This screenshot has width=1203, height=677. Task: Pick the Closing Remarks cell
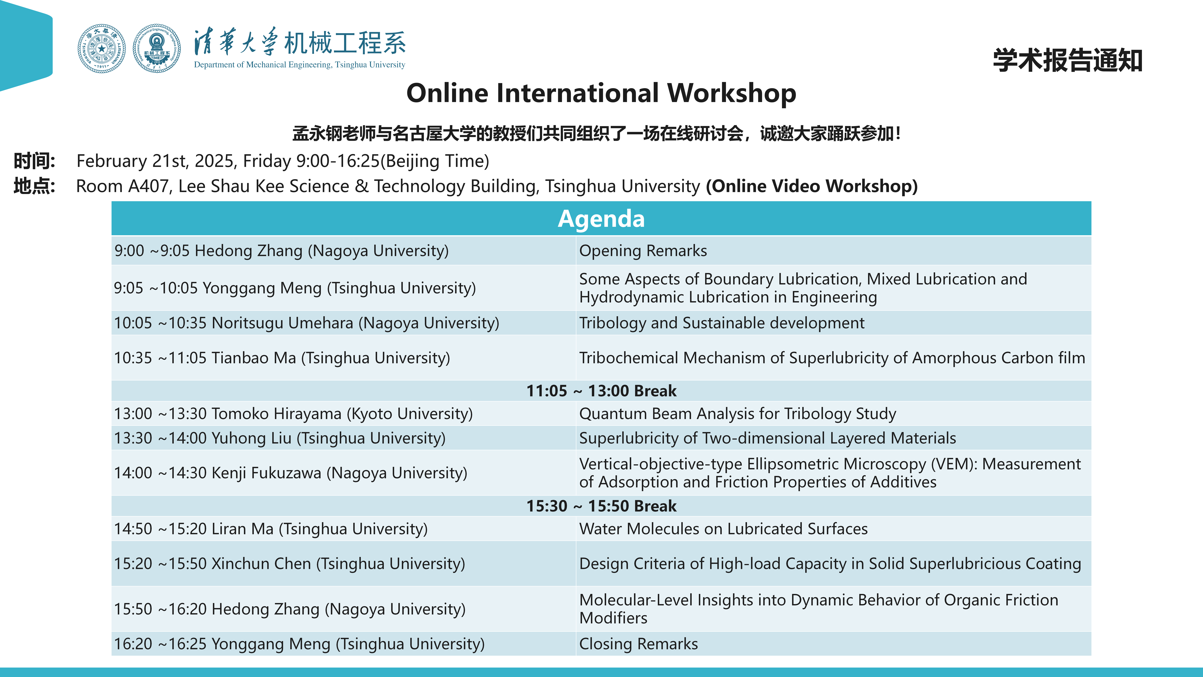click(834, 644)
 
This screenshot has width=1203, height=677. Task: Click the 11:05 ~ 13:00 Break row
click(601, 391)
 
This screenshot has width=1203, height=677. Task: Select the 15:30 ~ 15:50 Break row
click(601, 506)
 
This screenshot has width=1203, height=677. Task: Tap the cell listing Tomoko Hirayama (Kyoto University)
click(344, 414)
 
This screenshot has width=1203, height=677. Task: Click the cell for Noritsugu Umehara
click(344, 323)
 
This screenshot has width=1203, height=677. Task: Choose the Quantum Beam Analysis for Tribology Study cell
click(834, 414)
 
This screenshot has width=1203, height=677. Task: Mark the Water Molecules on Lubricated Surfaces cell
click(834, 528)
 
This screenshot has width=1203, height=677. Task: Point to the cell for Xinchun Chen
click(344, 564)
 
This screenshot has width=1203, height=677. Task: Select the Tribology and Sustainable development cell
click(834, 323)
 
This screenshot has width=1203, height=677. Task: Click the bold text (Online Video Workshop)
click(812, 186)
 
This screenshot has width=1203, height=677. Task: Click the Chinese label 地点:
click(35, 186)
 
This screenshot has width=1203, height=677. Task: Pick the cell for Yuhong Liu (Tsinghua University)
click(344, 438)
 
